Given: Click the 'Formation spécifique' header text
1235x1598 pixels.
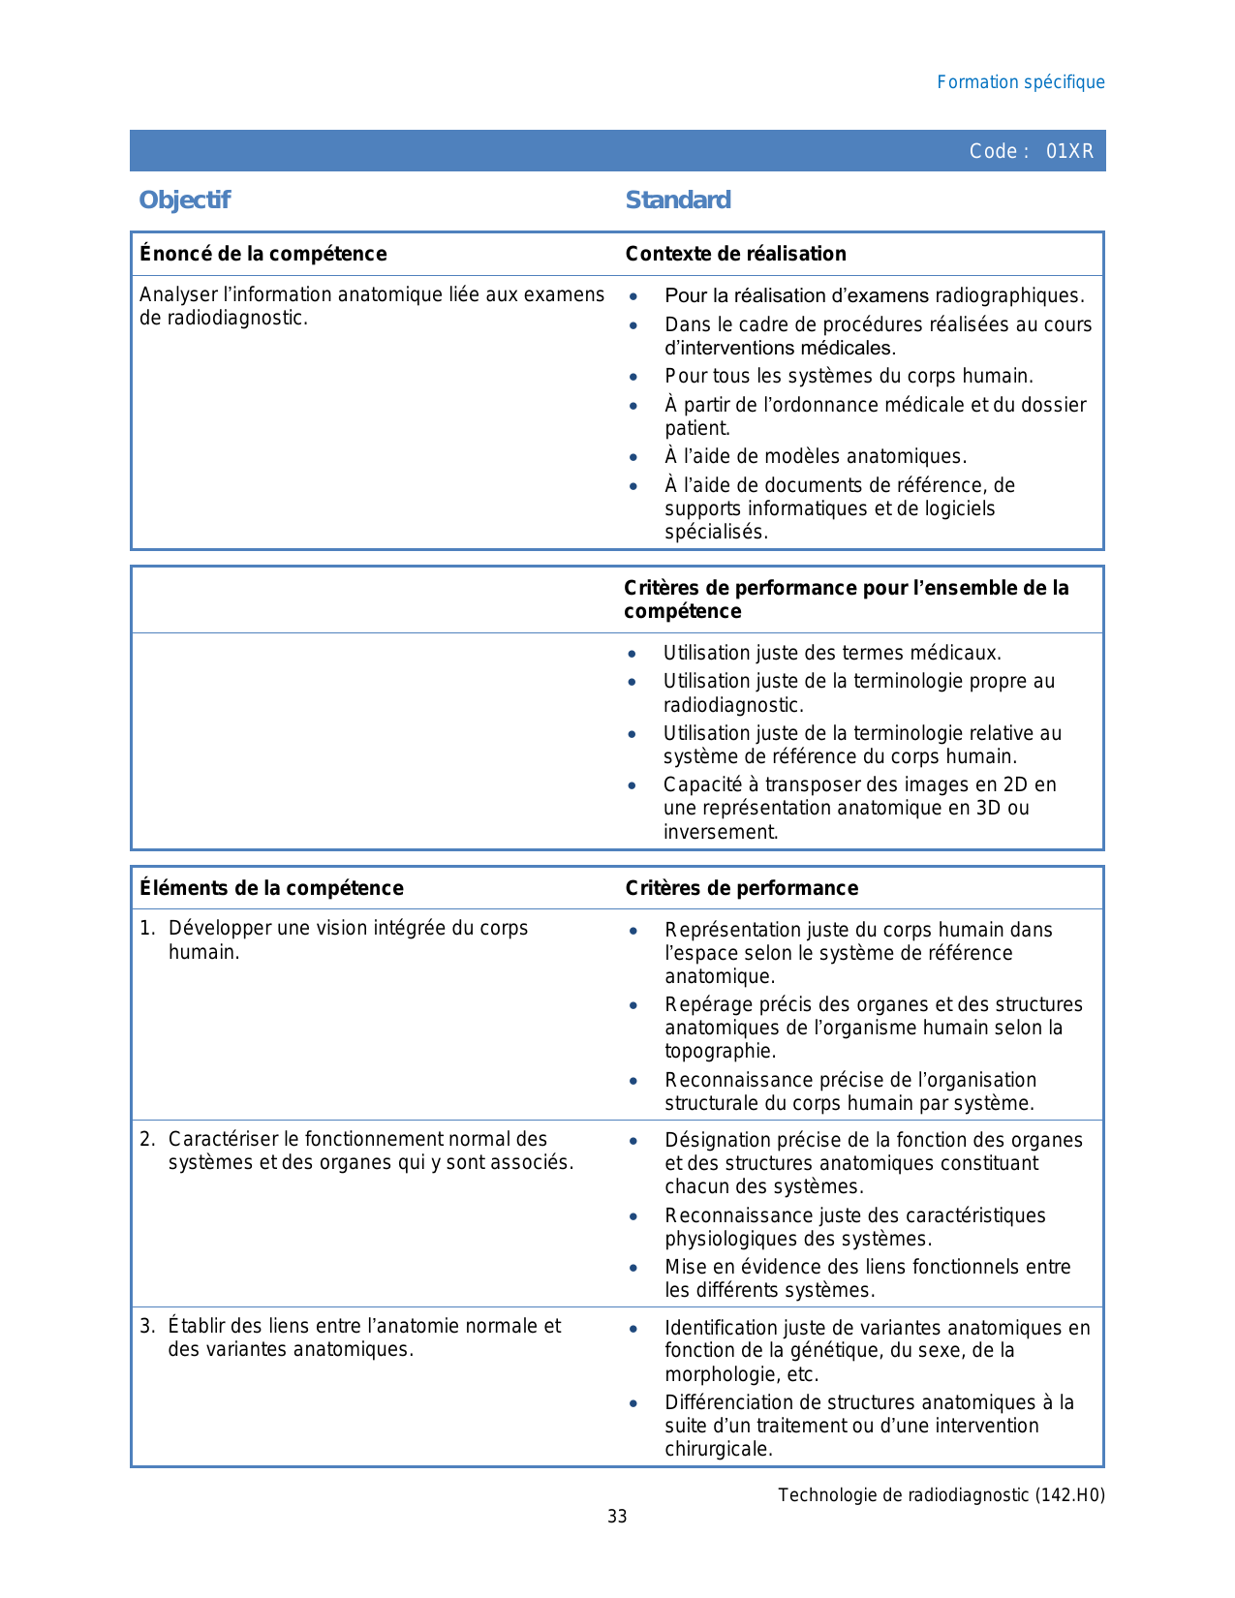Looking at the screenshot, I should point(1020,82).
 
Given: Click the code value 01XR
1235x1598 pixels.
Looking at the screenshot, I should point(1069,151).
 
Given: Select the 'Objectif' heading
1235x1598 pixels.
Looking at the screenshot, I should point(184,200).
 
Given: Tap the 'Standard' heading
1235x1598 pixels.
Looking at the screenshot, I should point(678,200).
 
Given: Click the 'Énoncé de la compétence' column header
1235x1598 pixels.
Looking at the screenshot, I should point(262,254).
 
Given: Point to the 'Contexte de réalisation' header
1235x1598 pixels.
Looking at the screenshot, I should point(735,254).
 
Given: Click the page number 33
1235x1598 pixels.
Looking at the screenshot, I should point(617,1517).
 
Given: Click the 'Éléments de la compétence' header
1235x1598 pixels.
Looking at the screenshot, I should point(271,888).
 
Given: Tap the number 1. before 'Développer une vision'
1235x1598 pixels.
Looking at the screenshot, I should point(146,928).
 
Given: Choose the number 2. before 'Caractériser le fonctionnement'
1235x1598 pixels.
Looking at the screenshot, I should point(146,1139).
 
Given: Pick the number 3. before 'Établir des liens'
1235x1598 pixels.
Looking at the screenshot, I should point(146,1326).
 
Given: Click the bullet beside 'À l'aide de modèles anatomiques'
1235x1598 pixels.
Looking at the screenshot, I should point(633,457).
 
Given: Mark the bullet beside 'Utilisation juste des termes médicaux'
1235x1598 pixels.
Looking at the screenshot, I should point(632,654).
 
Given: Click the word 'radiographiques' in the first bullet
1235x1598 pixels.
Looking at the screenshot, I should point(1018,295).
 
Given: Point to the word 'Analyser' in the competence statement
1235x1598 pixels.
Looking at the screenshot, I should point(174,294).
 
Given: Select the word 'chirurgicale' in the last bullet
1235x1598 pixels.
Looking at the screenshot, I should point(717,1449).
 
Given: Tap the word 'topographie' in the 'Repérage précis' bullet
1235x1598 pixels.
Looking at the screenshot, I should point(719,1051).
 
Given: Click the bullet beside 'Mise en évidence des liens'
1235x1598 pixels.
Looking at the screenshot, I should point(633,1268).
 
